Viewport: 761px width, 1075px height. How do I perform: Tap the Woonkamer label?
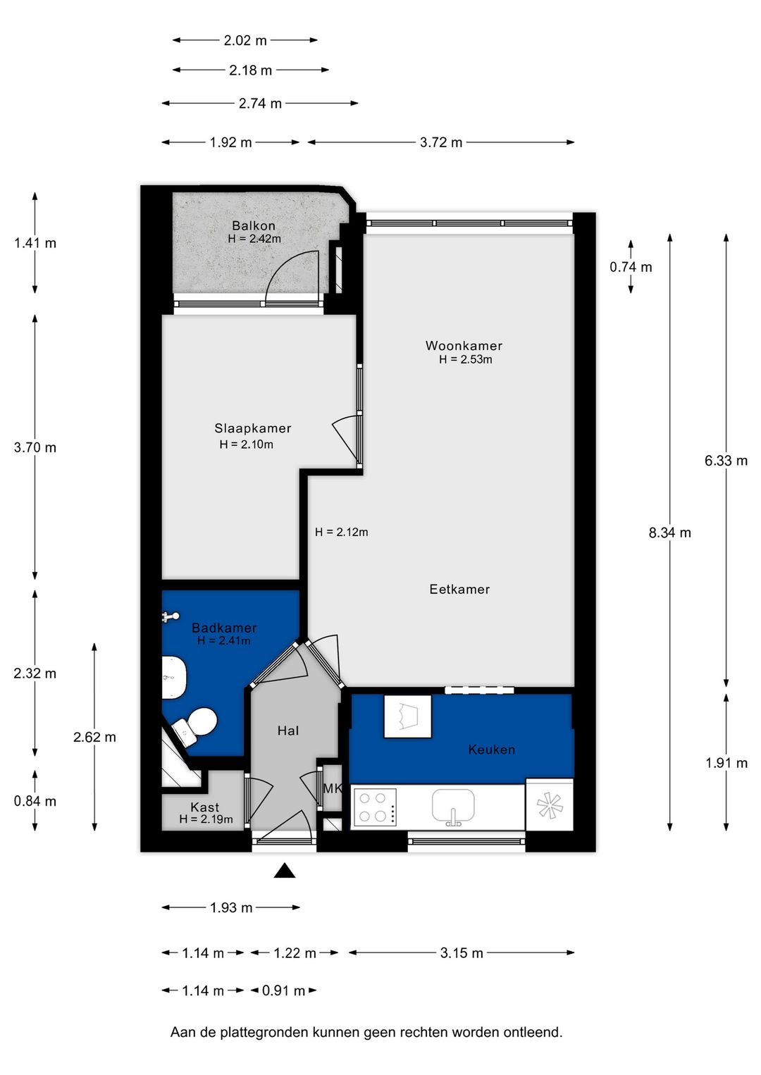coord(464,345)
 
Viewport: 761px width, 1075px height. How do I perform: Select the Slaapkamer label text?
coord(253,428)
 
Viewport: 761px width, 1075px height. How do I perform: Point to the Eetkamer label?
coord(459,589)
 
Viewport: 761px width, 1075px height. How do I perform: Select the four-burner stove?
coord(374,807)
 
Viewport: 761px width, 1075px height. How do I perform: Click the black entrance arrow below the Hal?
coord(284,870)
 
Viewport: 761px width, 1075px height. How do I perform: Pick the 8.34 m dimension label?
coord(670,533)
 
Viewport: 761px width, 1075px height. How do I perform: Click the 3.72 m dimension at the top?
coord(441,142)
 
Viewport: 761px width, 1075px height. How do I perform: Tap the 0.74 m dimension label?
coord(631,267)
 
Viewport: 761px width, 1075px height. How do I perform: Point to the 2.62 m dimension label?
coord(94,737)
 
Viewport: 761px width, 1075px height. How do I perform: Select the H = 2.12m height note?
coord(341,532)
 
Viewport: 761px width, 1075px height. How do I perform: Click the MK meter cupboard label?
coord(333,788)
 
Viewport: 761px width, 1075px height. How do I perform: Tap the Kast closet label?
coord(204,807)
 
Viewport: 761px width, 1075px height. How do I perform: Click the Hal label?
coord(288,731)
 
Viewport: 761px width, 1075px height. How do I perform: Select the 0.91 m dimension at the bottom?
coord(283,990)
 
